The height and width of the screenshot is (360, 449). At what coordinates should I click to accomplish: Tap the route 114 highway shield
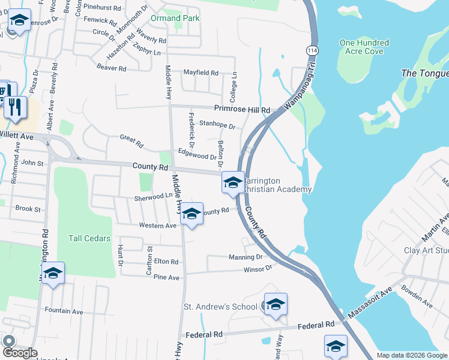pos(312,49)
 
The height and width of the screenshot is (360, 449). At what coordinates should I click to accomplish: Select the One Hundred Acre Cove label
pos(364,47)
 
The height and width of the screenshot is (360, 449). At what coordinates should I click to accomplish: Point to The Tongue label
pos(424,73)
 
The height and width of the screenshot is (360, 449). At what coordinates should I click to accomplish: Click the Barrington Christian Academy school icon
pos(232,182)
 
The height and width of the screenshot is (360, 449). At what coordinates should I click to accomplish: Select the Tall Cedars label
pos(89,238)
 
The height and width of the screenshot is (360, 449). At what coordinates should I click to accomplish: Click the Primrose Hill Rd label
pos(243,109)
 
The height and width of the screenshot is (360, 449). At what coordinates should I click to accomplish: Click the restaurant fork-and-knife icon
pos(15,107)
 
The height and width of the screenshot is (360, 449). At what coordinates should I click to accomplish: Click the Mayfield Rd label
pos(200,73)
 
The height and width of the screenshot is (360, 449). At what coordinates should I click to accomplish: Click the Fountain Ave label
pos(64,311)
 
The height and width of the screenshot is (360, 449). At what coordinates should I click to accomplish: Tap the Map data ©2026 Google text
pos(411,355)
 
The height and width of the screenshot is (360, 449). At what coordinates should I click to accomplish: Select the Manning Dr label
pos(246,257)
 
